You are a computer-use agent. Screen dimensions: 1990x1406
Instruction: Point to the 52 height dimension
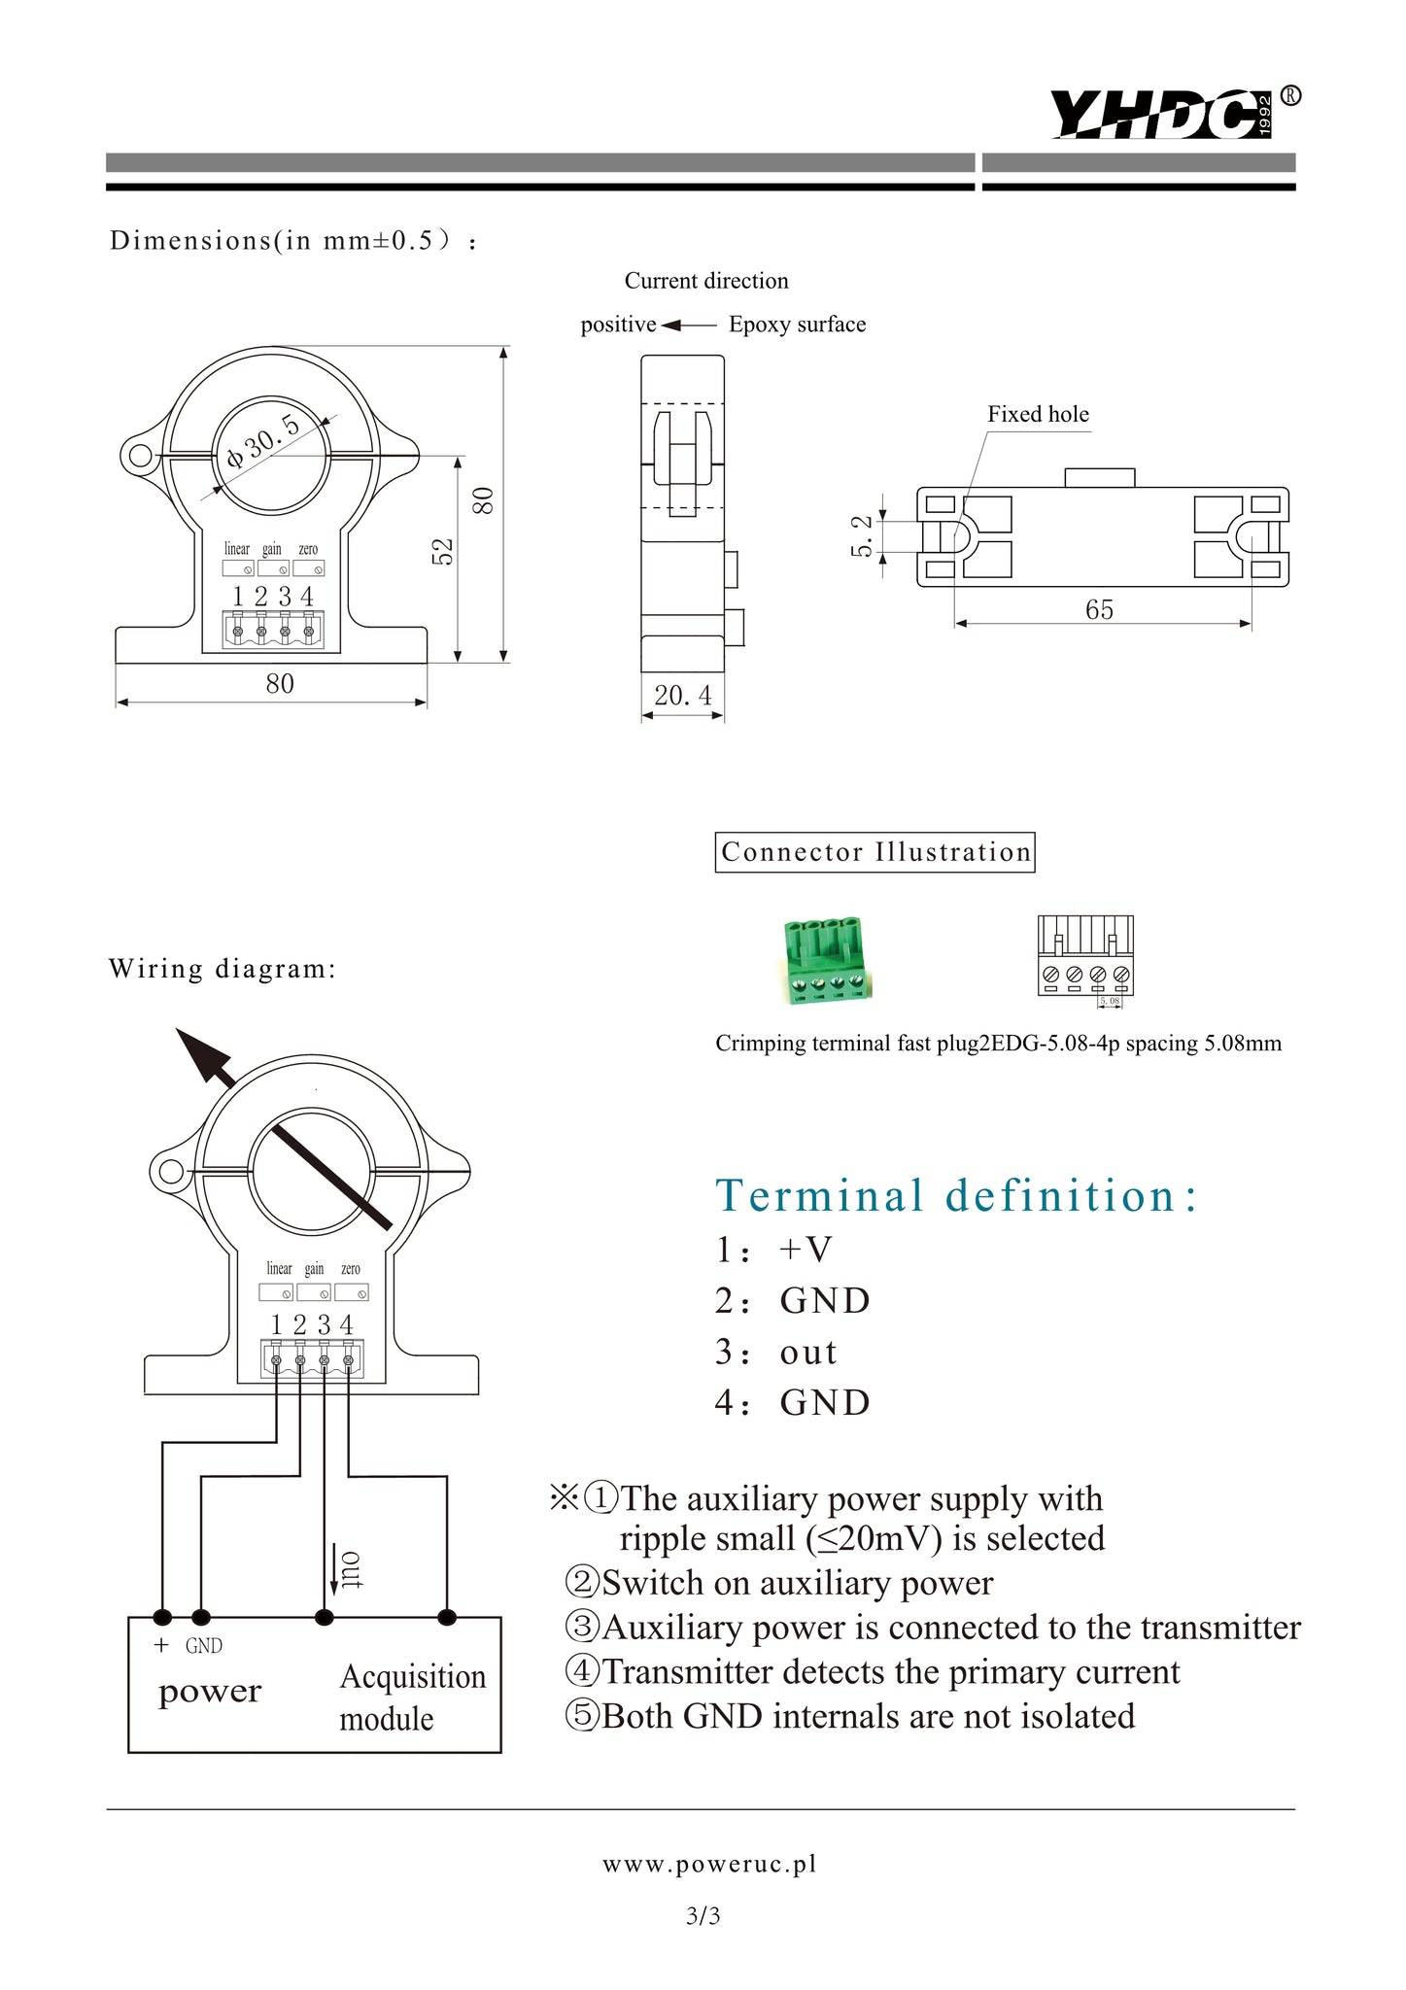click(x=443, y=551)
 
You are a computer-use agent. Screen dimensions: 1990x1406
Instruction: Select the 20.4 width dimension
click(x=682, y=696)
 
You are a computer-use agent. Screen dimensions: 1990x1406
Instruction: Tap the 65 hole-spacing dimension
click(x=1099, y=609)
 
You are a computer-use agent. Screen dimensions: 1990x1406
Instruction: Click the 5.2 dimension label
click(x=861, y=535)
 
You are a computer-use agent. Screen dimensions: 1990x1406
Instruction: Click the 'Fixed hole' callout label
click(x=1038, y=414)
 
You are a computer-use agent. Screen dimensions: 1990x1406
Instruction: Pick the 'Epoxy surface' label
click(x=797, y=325)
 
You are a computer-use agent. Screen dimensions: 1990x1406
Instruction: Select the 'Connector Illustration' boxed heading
click(x=874, y=852)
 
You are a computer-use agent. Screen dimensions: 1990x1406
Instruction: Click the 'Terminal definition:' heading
click(x=956, y=1195)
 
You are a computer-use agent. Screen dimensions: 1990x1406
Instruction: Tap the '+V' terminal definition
click(x=806, y=1250)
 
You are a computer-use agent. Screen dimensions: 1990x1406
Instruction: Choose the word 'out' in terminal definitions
click(x=807, y=1352)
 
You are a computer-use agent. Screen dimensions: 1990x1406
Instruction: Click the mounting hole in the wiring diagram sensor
click(x=172, y=1170)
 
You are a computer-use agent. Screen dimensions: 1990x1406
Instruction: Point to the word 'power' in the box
click(x=210, y=1692)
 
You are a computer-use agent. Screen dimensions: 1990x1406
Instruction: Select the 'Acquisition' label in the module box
click(x=413, y=1676)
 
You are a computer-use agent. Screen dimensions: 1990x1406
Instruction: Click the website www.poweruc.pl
click(x=709, y=1864)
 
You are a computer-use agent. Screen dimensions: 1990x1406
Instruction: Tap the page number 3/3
click(x=703, y=1916)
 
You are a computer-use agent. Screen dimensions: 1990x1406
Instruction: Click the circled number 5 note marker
click(x=582, y=1715)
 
